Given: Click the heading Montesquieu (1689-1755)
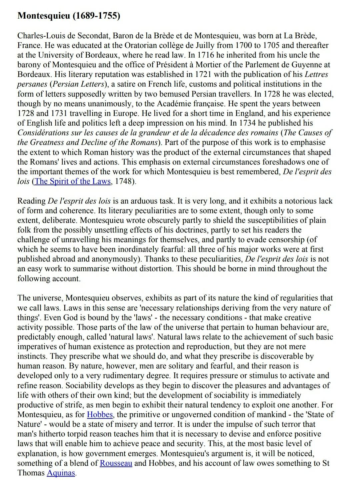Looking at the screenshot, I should pyautogui.click(x=69, y=16).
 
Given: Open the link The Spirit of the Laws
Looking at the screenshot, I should pyautogui.click(x=72, y=182).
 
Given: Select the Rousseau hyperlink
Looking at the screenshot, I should pyautogui.click(x=116, y=463).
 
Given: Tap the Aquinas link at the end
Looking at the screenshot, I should pyautogui.click(x=61, y=473).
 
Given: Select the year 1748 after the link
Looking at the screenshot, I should pyautogui.click(x=124, y=182).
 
